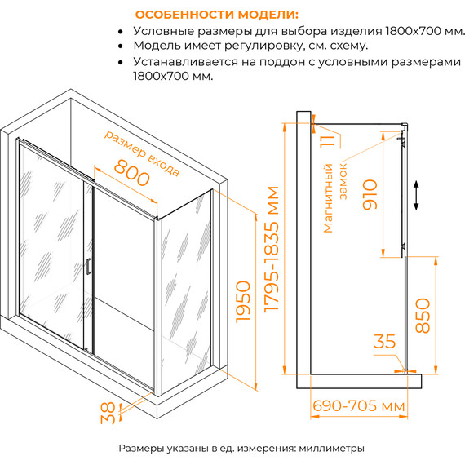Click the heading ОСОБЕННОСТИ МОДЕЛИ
[x=216, y=15]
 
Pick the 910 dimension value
[x=371, y=193]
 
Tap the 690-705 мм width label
[x=358, y=405]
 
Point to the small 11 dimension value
[x=326, y=148]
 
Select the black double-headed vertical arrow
[x=417, y=196]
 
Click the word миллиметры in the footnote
[x=325, y=448]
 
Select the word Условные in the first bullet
[x=162, y=31]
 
